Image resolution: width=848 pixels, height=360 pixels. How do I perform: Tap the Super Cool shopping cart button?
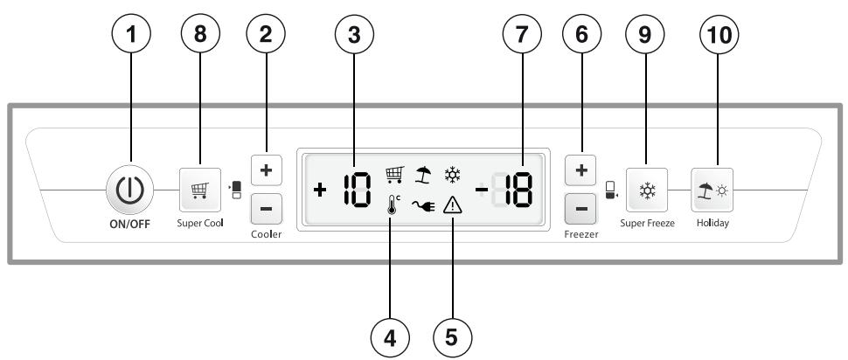200,190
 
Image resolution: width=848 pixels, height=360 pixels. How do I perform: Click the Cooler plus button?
266,170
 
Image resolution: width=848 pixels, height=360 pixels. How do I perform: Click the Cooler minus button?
266,209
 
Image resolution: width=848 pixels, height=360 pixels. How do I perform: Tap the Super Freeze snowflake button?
647,190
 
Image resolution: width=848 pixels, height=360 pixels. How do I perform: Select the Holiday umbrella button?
712,190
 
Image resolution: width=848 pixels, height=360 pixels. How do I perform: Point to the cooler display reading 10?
358,190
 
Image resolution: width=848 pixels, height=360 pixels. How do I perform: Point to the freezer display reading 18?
515,190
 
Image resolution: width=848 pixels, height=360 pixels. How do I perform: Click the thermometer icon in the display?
393,206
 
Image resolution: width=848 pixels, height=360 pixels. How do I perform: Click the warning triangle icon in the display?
452,205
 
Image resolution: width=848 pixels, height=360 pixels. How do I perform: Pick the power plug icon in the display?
423,205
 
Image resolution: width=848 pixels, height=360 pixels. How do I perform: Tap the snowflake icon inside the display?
452,174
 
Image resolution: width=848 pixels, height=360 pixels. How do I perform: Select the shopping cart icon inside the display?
395,175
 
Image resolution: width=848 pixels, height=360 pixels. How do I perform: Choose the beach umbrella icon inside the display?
423,175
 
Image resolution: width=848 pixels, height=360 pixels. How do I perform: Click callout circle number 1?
131,33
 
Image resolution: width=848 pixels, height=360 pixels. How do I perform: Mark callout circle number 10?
719,33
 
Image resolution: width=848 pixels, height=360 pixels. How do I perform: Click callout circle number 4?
390,338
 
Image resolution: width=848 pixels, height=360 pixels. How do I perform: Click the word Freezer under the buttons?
581,234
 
